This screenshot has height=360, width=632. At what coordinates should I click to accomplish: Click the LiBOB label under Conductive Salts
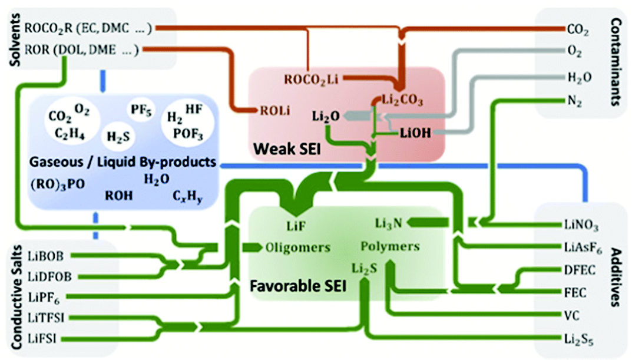point(47,256)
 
